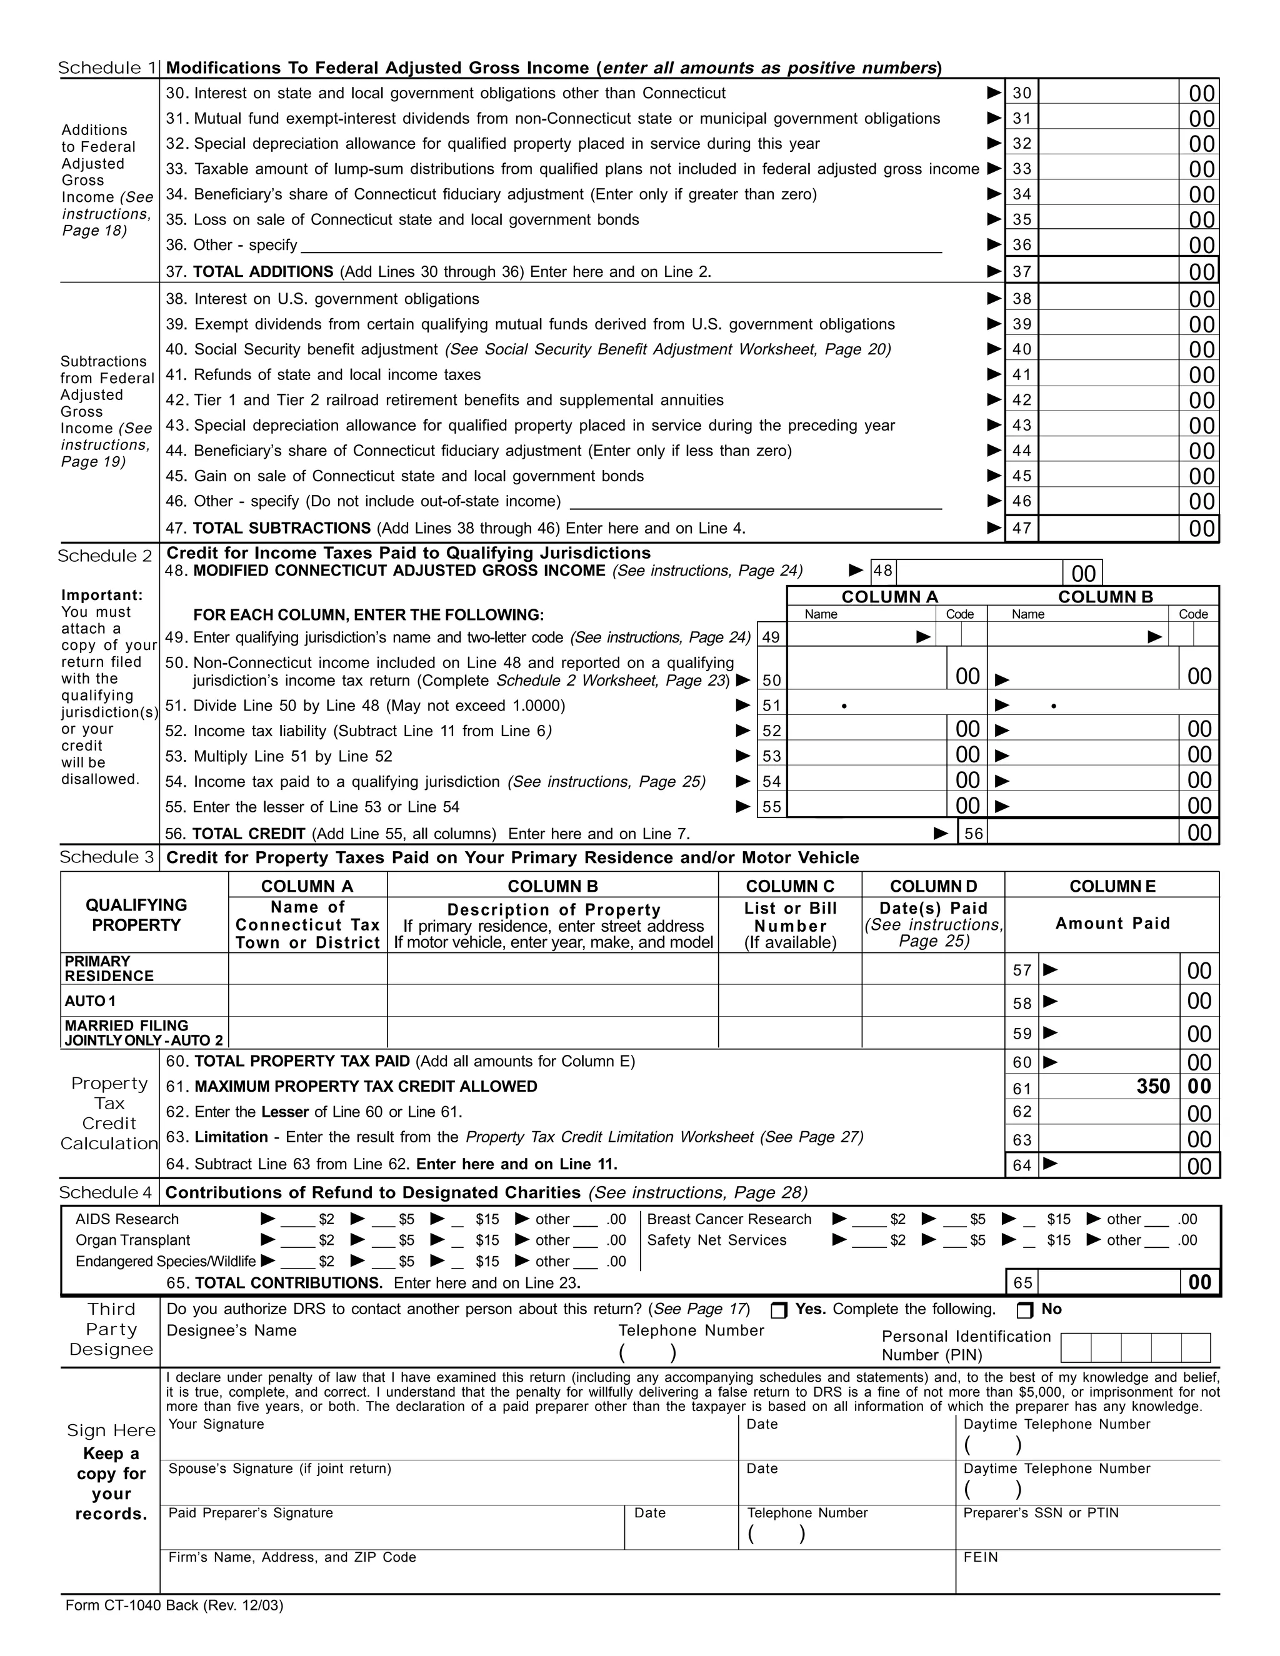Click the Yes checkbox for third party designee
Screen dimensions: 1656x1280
pyautogui.click(x=779, y=1310)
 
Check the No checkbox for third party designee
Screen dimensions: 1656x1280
pyautogui.click(x=1024, y=1310)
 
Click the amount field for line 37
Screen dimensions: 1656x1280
pyautogui.click(x=1108, y=271)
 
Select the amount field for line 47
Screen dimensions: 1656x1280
pyautogui.click(x=1108, y=529)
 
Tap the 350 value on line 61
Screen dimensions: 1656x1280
pyautogui.click(x=1152, y=1087)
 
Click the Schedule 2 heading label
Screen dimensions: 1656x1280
pyautogui.click(x=106, y=556)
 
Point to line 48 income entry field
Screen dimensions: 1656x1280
pyautogui.click(x=979, y=572)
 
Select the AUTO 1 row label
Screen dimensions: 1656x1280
pyautogui.click(x=90, y=1001)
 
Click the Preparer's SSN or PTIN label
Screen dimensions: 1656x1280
pyautogui.click(x=1041, y=1513)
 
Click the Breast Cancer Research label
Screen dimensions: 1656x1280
pyautogui.click(x=729, y=1219)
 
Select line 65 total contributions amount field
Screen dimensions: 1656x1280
pyautogui.click(x=1108, y=1283)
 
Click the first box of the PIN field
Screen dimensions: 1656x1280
pyautogui.click(x=1076, y=1347)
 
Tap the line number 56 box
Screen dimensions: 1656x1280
pyautogui.click(x=974, y=833)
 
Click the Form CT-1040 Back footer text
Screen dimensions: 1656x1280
pyautogui.click(x=174, y=1605)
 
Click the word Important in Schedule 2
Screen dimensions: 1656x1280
pyautogui.click(x=102, y=595)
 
